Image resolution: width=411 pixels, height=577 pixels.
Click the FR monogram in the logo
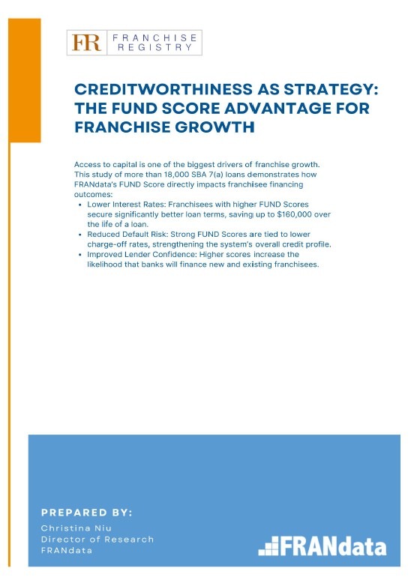point(86,43)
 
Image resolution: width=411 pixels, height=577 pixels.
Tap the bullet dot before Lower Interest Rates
point(80,205)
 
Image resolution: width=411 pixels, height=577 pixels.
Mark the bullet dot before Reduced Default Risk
point(80,235)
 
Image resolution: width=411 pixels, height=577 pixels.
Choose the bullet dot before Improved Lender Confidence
point(80,255)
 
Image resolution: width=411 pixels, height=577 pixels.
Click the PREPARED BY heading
point(86,513)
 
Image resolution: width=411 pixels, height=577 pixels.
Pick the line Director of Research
point(97,540)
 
